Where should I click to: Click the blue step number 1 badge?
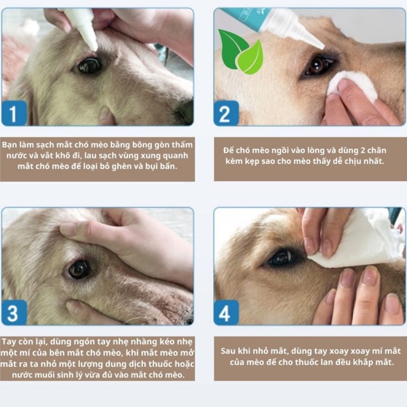(14, 113)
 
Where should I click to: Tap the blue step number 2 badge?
(226, 113)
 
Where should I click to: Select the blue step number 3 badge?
(14, 312)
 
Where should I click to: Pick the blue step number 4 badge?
(226, 312)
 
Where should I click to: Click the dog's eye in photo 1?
(90, 65)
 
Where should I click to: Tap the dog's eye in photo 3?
(79, 269)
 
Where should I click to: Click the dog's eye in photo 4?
(282, 258)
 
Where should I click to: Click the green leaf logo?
(240, 52)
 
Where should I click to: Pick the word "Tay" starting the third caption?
(8, 342)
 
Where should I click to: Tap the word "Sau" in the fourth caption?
(227, 351)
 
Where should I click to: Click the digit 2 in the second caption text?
(363, 150)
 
